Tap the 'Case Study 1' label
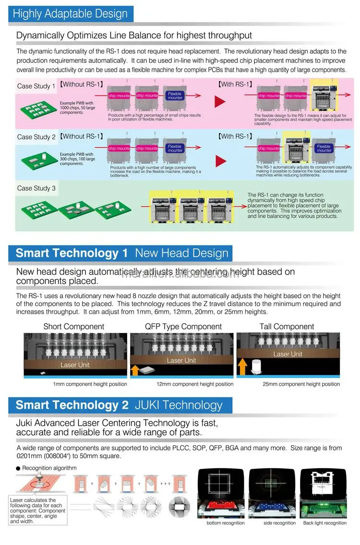pos(36,86)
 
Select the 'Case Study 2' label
pos(36,137)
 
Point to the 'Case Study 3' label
pos(36,188)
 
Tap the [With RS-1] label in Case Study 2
pos(235,136)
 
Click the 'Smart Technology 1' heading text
pos(72,253)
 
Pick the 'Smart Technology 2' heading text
pos(72,405)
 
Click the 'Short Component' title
pos(73,327)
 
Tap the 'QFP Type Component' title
pos(183,327)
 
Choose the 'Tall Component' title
pos(287,327)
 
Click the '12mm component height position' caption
pos(195,384)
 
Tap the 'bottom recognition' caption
pos(226,523)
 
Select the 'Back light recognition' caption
pos(325,523)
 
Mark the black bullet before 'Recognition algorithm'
pos(18,468)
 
